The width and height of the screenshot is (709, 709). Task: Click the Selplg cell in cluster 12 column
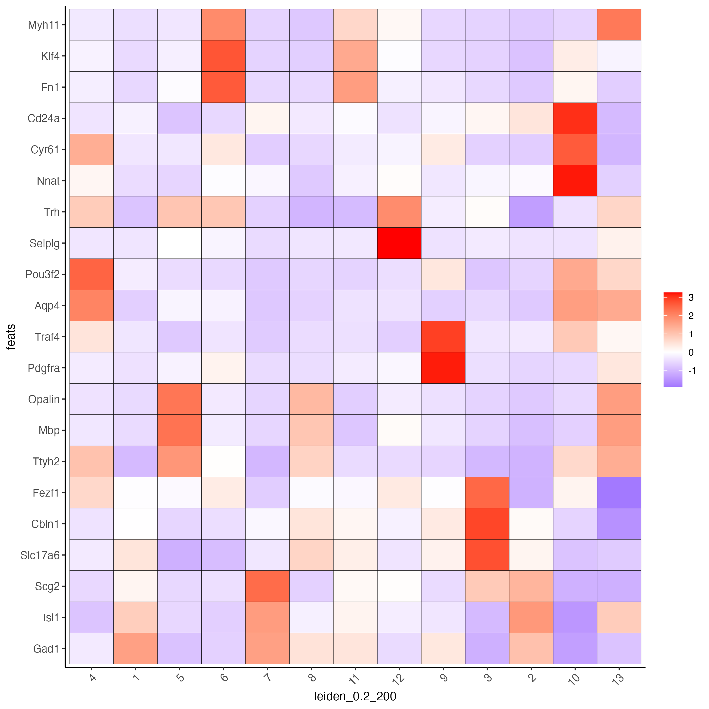point(399,243)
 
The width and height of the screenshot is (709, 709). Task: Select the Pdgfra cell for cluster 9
point(443,368)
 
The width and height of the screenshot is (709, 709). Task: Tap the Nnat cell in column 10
point(575,181)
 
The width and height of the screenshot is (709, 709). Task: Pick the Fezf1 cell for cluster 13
point(619,492)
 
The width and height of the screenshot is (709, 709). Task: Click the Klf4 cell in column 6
point(223,56)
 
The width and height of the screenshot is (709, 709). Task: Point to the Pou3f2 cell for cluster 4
point(91,274)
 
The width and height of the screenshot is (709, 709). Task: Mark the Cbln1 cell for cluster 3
point(487,524)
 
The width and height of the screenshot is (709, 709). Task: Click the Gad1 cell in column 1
point(135,648)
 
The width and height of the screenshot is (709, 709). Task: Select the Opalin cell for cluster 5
point(179,399)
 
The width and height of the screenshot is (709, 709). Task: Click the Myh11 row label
point(43,25)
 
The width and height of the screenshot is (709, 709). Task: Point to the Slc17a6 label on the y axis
point(40,555)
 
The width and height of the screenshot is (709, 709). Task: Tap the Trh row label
point(52,212)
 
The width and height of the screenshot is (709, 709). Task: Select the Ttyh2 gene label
point(46,462)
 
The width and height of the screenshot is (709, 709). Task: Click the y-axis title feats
point(11,337)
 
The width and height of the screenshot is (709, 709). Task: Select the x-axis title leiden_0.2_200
point(355,696)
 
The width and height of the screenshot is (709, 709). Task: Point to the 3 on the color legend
point(691,297)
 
